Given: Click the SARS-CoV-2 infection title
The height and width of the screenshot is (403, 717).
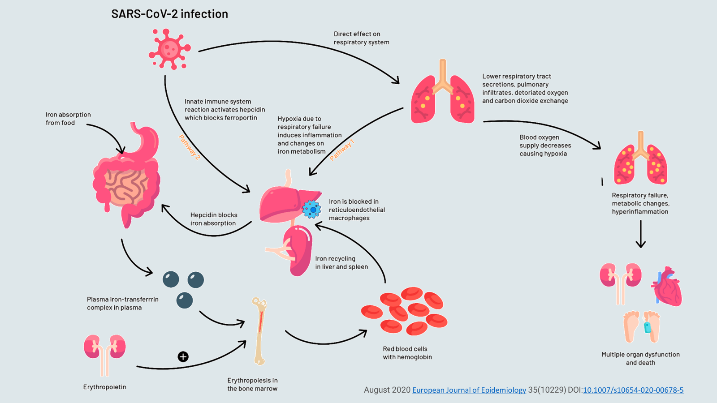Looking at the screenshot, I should coord(169,14).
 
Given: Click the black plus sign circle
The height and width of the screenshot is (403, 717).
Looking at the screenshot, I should coord(183,356).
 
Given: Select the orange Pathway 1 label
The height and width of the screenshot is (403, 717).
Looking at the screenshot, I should coord(342,150).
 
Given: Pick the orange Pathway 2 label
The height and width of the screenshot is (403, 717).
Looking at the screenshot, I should coord(189,147).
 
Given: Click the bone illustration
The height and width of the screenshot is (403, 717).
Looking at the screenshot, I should coord(259,331).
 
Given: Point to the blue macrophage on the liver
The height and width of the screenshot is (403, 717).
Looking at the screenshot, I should coord(311,209).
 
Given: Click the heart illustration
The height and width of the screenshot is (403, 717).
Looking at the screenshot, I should coord(667,287).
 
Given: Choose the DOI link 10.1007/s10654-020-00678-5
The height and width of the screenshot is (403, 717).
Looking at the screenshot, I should coord(633,390).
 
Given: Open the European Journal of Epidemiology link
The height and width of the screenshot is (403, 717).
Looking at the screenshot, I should coord(469,390).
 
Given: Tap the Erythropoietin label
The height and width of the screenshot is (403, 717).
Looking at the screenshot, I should coord(104,387).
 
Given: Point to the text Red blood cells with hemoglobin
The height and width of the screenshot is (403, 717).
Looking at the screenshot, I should coord(407,353).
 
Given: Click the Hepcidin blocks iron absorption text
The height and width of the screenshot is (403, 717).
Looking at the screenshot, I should coord(214,219).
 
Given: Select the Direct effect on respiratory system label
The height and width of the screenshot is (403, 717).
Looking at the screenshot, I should coord(361,38).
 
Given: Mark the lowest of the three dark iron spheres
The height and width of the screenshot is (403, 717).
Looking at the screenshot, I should coord(184,300).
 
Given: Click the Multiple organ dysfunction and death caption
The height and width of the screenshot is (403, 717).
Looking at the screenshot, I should coord(640,359).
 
